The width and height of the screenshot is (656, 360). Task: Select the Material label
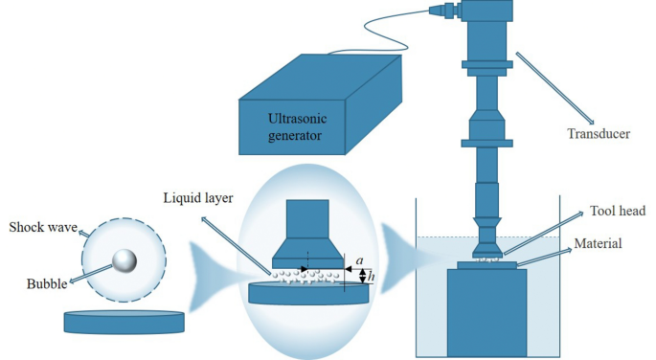(x=599, y=244)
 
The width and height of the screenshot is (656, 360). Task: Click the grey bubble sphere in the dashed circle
(x=124, y=260)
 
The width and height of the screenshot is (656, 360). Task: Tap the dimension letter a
(x=357, y=259)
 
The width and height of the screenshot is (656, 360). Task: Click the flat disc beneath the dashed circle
(x=124, y=321)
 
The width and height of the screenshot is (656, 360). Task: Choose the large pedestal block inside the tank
(x=486, y=312)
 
